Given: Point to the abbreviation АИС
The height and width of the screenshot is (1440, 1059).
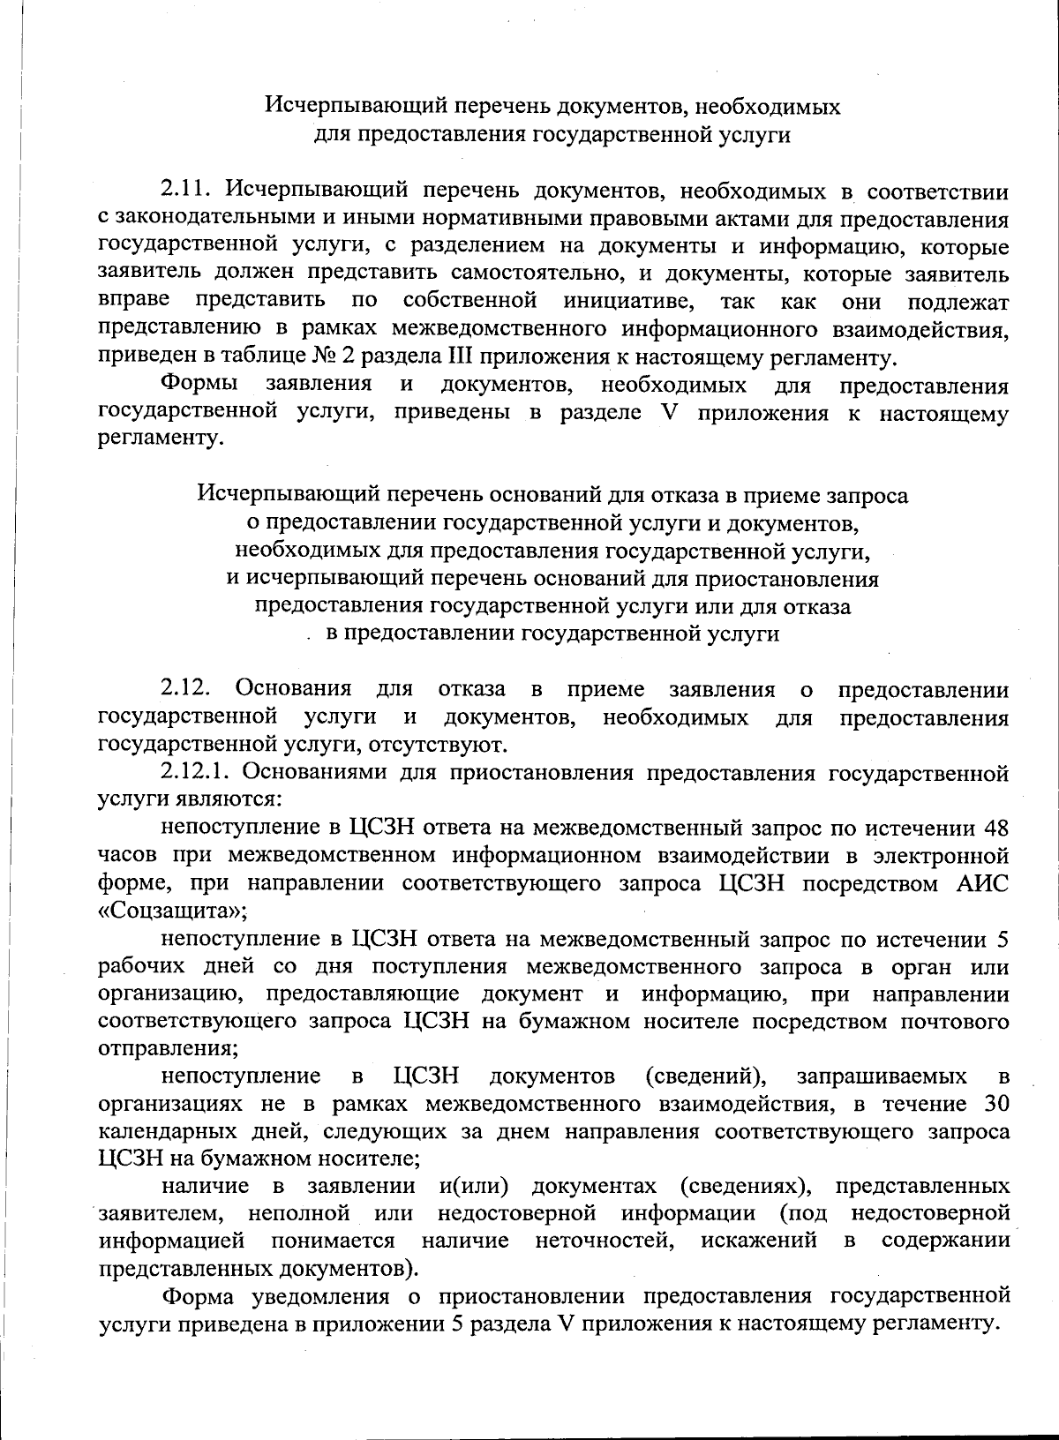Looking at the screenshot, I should (x=982, y=883).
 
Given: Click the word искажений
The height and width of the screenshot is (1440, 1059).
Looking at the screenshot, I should (x=759, y=1241).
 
